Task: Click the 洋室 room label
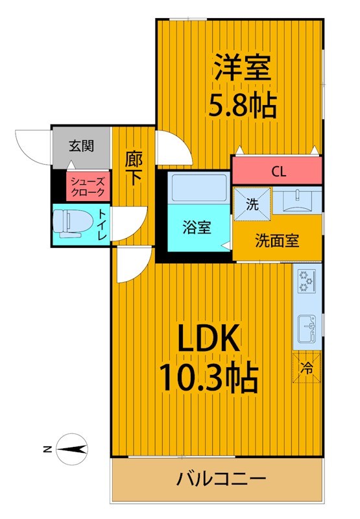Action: click(243, 67)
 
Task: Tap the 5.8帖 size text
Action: click(242, 105)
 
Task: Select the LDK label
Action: click(209, 338)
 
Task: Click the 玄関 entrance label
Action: click(81, 145)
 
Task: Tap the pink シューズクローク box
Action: click(88, 186)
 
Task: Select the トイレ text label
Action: click(102, 225)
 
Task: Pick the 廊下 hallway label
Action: click(134, 169)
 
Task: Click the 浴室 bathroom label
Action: click(197, 228)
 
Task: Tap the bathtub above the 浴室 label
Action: click(199, 187)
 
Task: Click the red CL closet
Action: click(277, 171)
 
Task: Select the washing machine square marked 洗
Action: click(252, 204)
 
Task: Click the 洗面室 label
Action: click(277, 241)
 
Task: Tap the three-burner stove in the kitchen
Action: click(307, 282)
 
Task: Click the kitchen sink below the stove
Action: click(307, 330)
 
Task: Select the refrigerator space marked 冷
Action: click(307, 368)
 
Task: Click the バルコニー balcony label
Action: click(221, 479)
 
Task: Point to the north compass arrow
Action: click(71, 449)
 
